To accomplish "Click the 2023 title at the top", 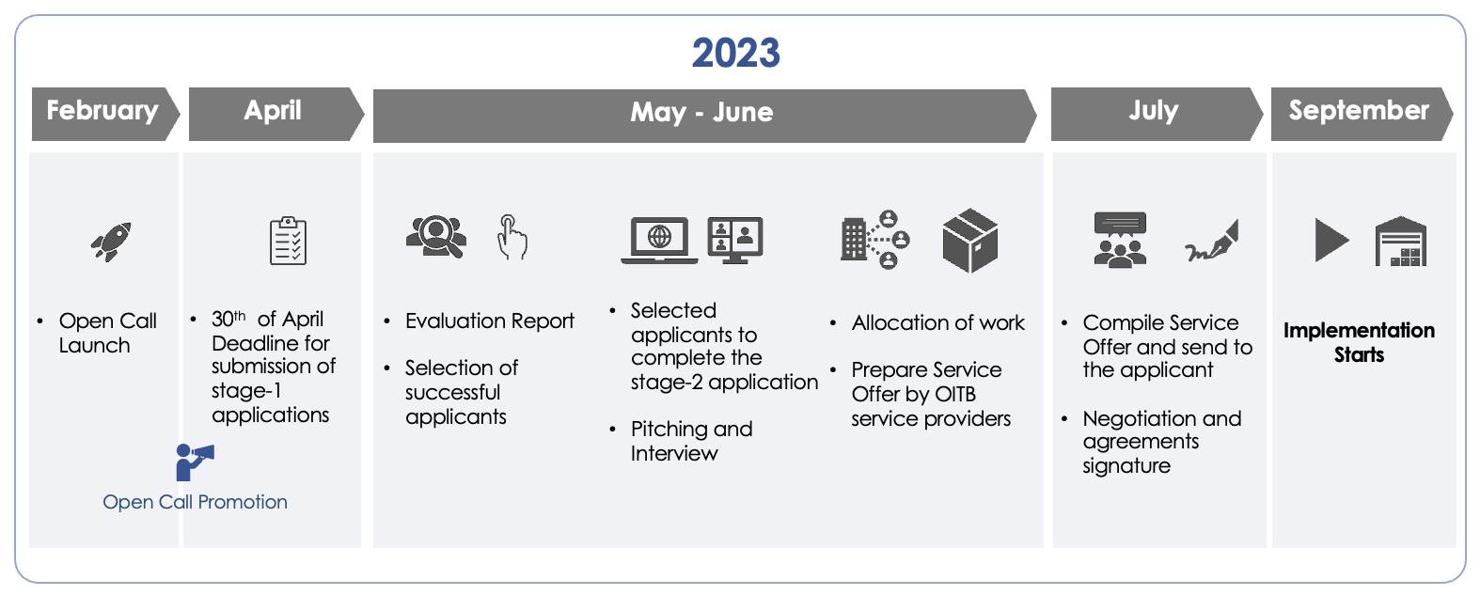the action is tap(736, 53).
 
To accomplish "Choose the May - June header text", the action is tap(701, 112).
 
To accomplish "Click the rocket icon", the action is tap(111, 242).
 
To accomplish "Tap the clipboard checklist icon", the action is tap(288, 241).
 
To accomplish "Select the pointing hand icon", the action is tap(512, 237).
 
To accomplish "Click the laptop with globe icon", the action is tap(659, 240).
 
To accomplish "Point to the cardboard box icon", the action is tap(970, 241).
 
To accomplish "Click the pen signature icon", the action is tap(1212, 241).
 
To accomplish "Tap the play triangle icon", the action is tap(1330, 240).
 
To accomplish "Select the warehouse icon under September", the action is tap(1401, 241).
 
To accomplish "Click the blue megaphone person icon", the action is tap(195, 462).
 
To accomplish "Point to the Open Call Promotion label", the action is tap(195, 502).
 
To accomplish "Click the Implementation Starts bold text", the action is tap(1359, 342).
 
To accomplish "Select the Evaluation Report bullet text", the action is tap(490, 321).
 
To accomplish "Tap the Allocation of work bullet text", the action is tap(938, 322).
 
